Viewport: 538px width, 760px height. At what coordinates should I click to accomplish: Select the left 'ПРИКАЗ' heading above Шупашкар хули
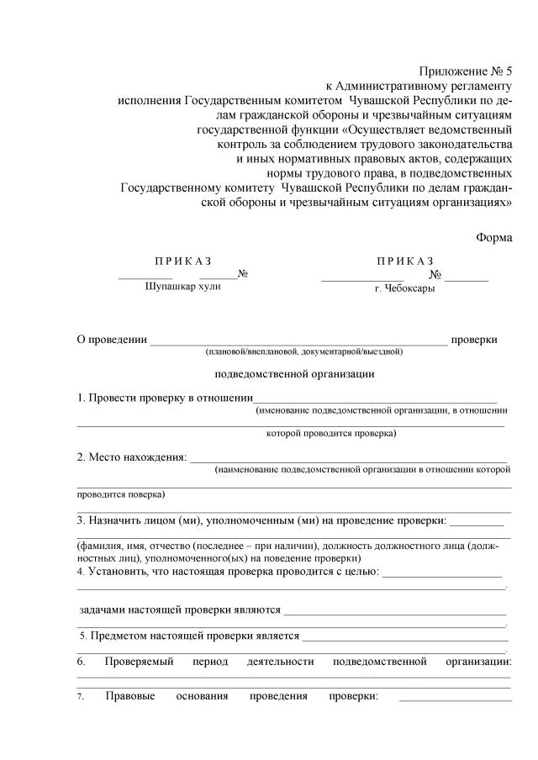(x=182, y=260)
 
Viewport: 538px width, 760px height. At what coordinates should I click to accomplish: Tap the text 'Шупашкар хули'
(x=182, y=287)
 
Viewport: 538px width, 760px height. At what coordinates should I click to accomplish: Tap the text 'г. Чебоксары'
(x=405, y=288)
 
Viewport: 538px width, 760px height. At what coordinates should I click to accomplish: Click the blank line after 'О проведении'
(x=298, y=341)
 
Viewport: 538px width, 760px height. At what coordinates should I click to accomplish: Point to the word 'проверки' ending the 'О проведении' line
(x=474, y=339)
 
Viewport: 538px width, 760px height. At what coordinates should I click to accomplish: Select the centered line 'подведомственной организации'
(x=295, y=374)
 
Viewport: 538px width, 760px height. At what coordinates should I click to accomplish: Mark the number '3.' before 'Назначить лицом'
(x=82, y=520)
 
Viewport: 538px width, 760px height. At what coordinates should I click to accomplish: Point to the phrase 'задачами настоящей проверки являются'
(x=180, y=608)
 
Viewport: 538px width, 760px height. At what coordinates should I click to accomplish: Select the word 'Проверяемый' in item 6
(x=139, y=662)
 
